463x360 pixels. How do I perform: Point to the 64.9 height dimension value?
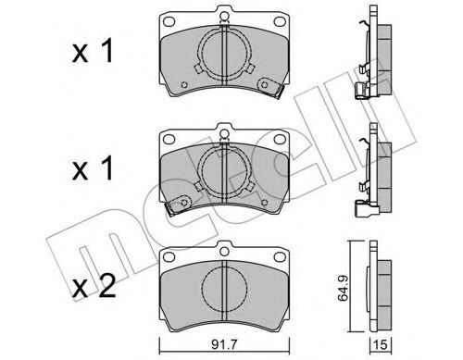coord(344,289)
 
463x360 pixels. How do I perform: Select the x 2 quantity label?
coord(94,287)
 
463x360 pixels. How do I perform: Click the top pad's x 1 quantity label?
coord(93,52)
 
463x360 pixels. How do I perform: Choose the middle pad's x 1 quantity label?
coord(93,169)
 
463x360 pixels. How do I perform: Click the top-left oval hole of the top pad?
coord(169,21)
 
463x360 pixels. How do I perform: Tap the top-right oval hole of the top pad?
coord(280,21)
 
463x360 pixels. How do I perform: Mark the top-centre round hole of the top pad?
coord(224,16)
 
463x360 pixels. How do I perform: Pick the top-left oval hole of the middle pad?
coord(169,139)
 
